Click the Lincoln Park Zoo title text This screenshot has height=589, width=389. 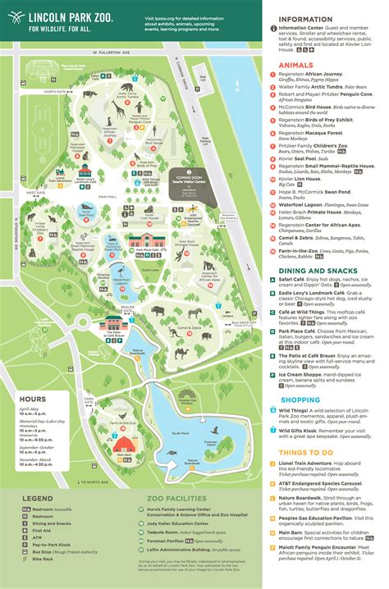tap(70, 16)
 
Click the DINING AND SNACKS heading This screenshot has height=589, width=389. tap(316, 270)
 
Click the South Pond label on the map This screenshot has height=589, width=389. tap(180, 432)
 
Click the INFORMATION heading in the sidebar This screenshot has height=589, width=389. tap(310, 20)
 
